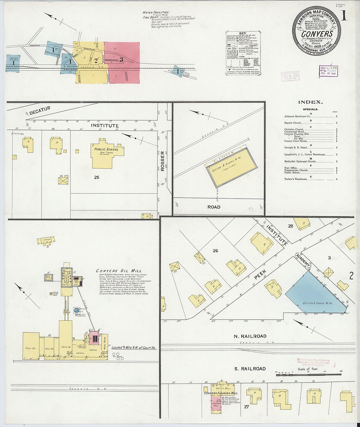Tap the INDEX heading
pos(310,102)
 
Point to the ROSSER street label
pos(162,161)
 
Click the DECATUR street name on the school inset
pos(40,111)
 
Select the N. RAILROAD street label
pos(250,336)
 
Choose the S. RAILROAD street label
pos(250,369)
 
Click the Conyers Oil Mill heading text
pos(119,271)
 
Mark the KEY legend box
pos(243,53)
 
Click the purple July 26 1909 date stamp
pos(328,71)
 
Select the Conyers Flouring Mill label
pos(221,393)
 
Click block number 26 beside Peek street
pos(215,251)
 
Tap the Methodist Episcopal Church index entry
pos(300,161)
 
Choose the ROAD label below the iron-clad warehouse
pos(214,207)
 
